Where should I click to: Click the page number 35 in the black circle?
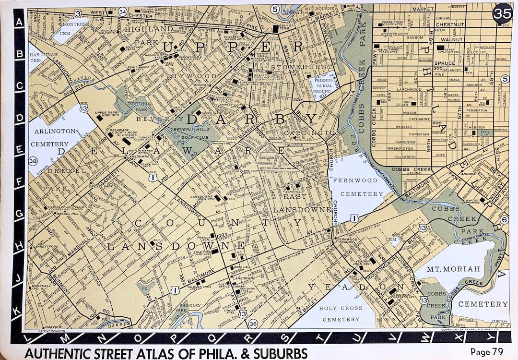[502, 12]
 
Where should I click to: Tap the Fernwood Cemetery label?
[362, 187]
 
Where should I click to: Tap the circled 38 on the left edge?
[34, 161]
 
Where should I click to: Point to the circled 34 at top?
[123, 12]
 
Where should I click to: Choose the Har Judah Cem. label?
[36, 53]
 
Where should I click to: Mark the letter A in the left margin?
[20, 22]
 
